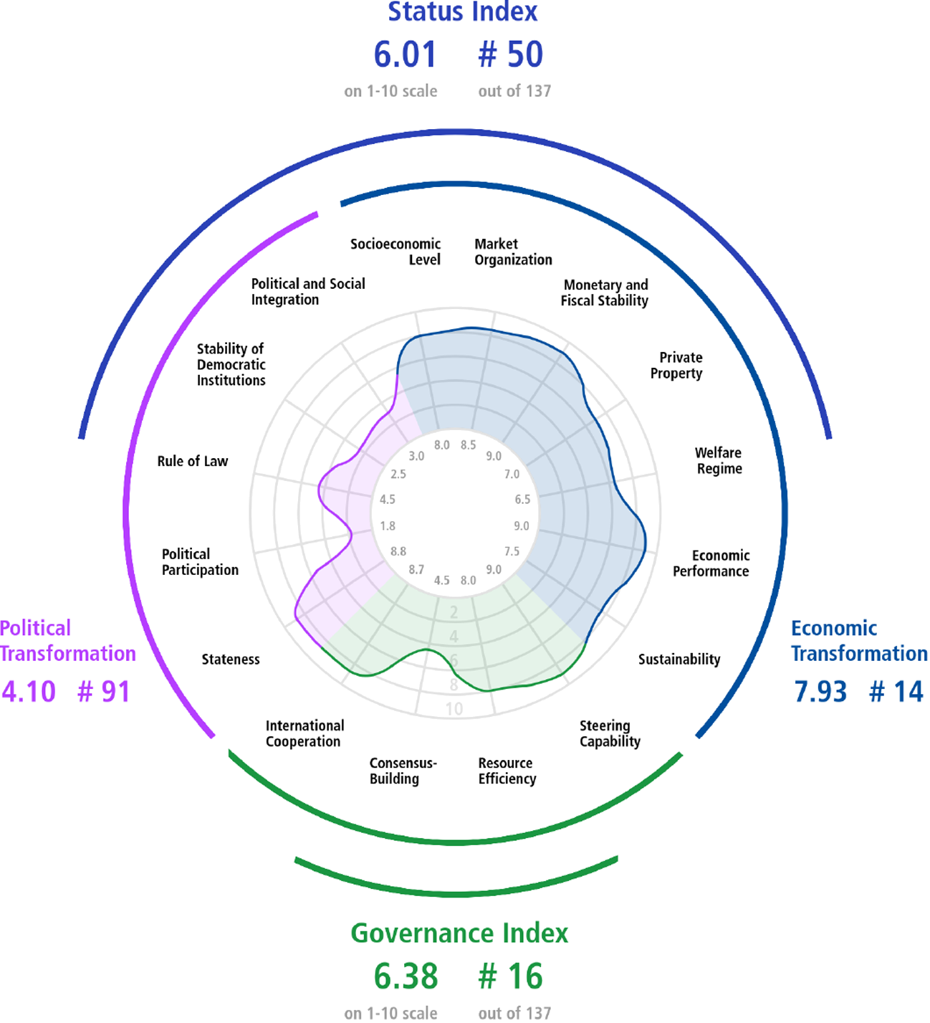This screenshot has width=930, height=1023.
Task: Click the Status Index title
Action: point(462,11)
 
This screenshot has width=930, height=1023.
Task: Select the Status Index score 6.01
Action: point(406,54)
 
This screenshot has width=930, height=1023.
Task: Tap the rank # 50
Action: point(510,54)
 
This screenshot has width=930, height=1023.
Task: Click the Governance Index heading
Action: point(459,934)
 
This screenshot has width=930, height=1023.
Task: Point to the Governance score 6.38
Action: point(406,976)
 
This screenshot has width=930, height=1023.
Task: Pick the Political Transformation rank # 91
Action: point(104,692)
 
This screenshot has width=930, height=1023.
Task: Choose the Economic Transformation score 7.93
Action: point(820,692)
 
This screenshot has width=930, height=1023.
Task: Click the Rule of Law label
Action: point(192,461)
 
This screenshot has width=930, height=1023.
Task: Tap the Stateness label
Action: point(231,660)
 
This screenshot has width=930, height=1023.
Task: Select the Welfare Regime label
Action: point(719,460)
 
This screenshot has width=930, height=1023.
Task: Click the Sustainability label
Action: point(679,660)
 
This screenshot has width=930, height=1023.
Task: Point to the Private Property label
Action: point(676,365)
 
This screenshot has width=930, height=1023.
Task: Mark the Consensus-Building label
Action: point(403,771)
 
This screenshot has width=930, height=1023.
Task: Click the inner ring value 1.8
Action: point(388,525)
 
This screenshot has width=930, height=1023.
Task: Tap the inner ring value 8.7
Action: point(416,570)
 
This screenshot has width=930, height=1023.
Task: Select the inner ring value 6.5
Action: point(522,499)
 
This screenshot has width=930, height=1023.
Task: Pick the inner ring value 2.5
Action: point(398,475)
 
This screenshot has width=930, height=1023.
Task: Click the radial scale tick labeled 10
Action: point(454,709)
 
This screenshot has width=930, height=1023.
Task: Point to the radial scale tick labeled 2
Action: point(454,612)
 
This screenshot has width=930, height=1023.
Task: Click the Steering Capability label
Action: point(610,734)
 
